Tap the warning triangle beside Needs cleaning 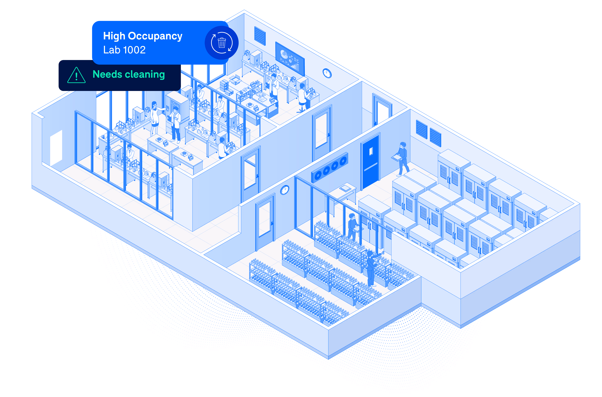(76, 76)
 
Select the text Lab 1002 (124, 50)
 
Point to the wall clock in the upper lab (327, 73)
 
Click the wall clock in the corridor (285, 190)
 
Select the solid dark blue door (370, 162)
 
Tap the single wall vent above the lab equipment (260, 36)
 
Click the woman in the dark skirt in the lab (155, 118)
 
